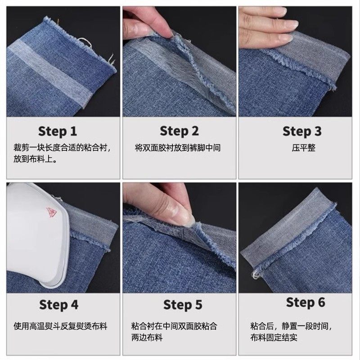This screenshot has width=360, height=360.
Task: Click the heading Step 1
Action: (58, 131)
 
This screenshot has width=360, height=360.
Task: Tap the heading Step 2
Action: (179, 131)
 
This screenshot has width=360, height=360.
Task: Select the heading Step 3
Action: (302, 131)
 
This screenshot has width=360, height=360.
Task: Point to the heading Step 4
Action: (59, 305)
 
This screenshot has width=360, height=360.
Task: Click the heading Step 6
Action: (306, 302)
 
